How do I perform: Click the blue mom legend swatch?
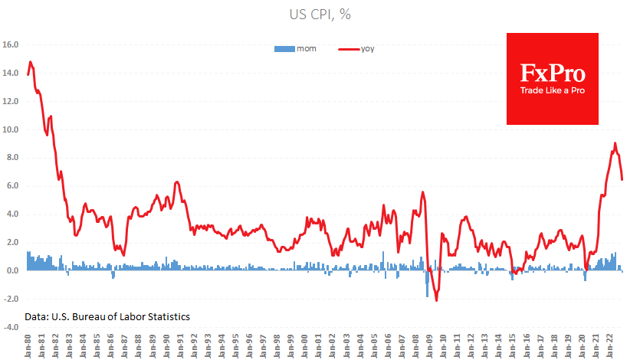pyautogui.click(x=284, y=48)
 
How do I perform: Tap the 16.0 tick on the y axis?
pyautogui.click(x=12, y=44)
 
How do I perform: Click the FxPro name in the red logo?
pyautogui.click(x=553, y=74)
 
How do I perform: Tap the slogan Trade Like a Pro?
pyautogui.click(x=553, y=90)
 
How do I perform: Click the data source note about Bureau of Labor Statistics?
pyautogui.click(x=107, y=316)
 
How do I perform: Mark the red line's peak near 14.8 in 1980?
pyautogui.click(x=31, y=61)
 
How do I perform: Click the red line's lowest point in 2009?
pyautogui.click(x=436, y=300)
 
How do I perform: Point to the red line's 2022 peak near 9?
pyautogui.click(x=615, y=143)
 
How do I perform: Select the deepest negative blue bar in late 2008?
pyautogui.click(x=427, y=296)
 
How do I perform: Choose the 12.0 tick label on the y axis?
pyautogui.click(x=12, y=101)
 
